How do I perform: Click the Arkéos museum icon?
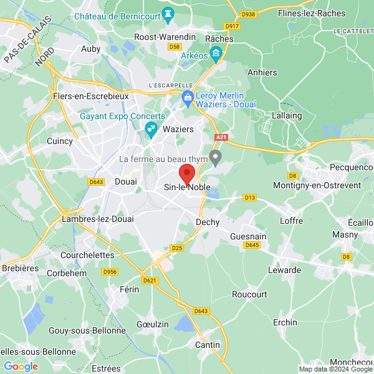point(216,55)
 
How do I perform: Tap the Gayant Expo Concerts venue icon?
point(150,129)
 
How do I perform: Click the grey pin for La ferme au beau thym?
point(216,158)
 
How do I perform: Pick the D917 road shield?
point(232,26)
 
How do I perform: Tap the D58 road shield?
point(175,46)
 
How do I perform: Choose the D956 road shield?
point(110,272)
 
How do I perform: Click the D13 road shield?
point(250,198)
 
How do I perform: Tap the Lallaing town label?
point(287,115)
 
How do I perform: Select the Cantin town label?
point(208,345)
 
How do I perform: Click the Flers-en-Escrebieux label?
point(90,97)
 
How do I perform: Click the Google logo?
point(21,367)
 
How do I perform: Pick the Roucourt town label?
point(249,294)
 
